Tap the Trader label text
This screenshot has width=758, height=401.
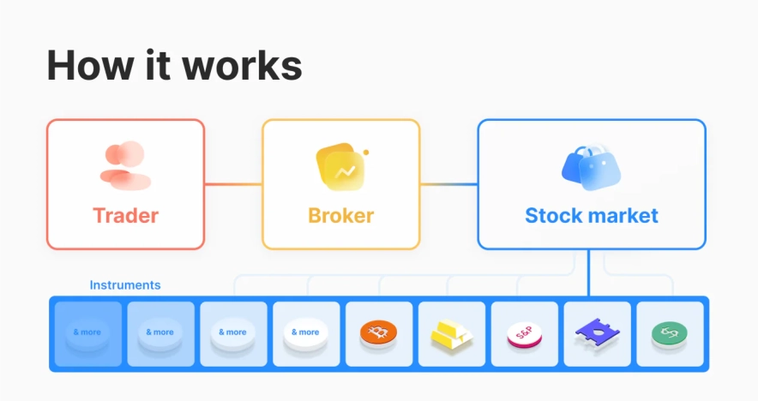tap(125, 214)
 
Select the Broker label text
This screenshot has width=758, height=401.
tap(340, 214)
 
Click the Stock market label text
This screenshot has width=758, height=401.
tap(592, 214)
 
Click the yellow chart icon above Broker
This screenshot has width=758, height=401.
tap(340, 168)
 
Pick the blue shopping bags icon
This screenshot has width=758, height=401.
tap(591, 166)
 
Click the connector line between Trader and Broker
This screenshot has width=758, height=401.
tap(233, 184)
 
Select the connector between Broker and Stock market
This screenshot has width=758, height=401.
tap(448, 184)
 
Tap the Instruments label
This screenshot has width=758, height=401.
tap(125, 285)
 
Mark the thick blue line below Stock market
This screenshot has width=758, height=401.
tap(589, 272)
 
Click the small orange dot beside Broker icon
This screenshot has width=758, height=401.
tap(366, 153)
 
